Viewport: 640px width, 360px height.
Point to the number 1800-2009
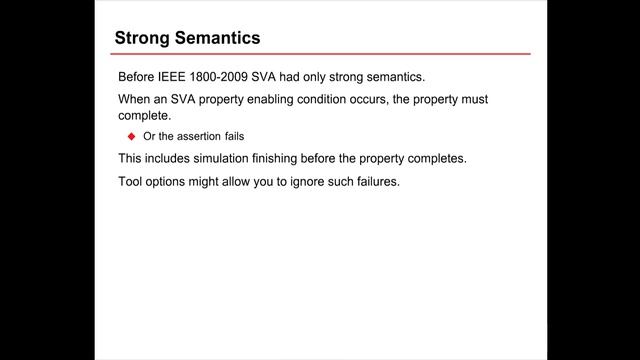click(x=235, y=78)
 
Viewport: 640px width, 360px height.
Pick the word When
click(x=136, y=100)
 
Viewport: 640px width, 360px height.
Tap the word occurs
click(x=392, y=100)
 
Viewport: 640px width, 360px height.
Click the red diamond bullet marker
click(x=130, y=136)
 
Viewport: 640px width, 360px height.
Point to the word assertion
click(x=190, y=136)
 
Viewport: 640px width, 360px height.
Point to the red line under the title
click(x=320, y=54)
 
